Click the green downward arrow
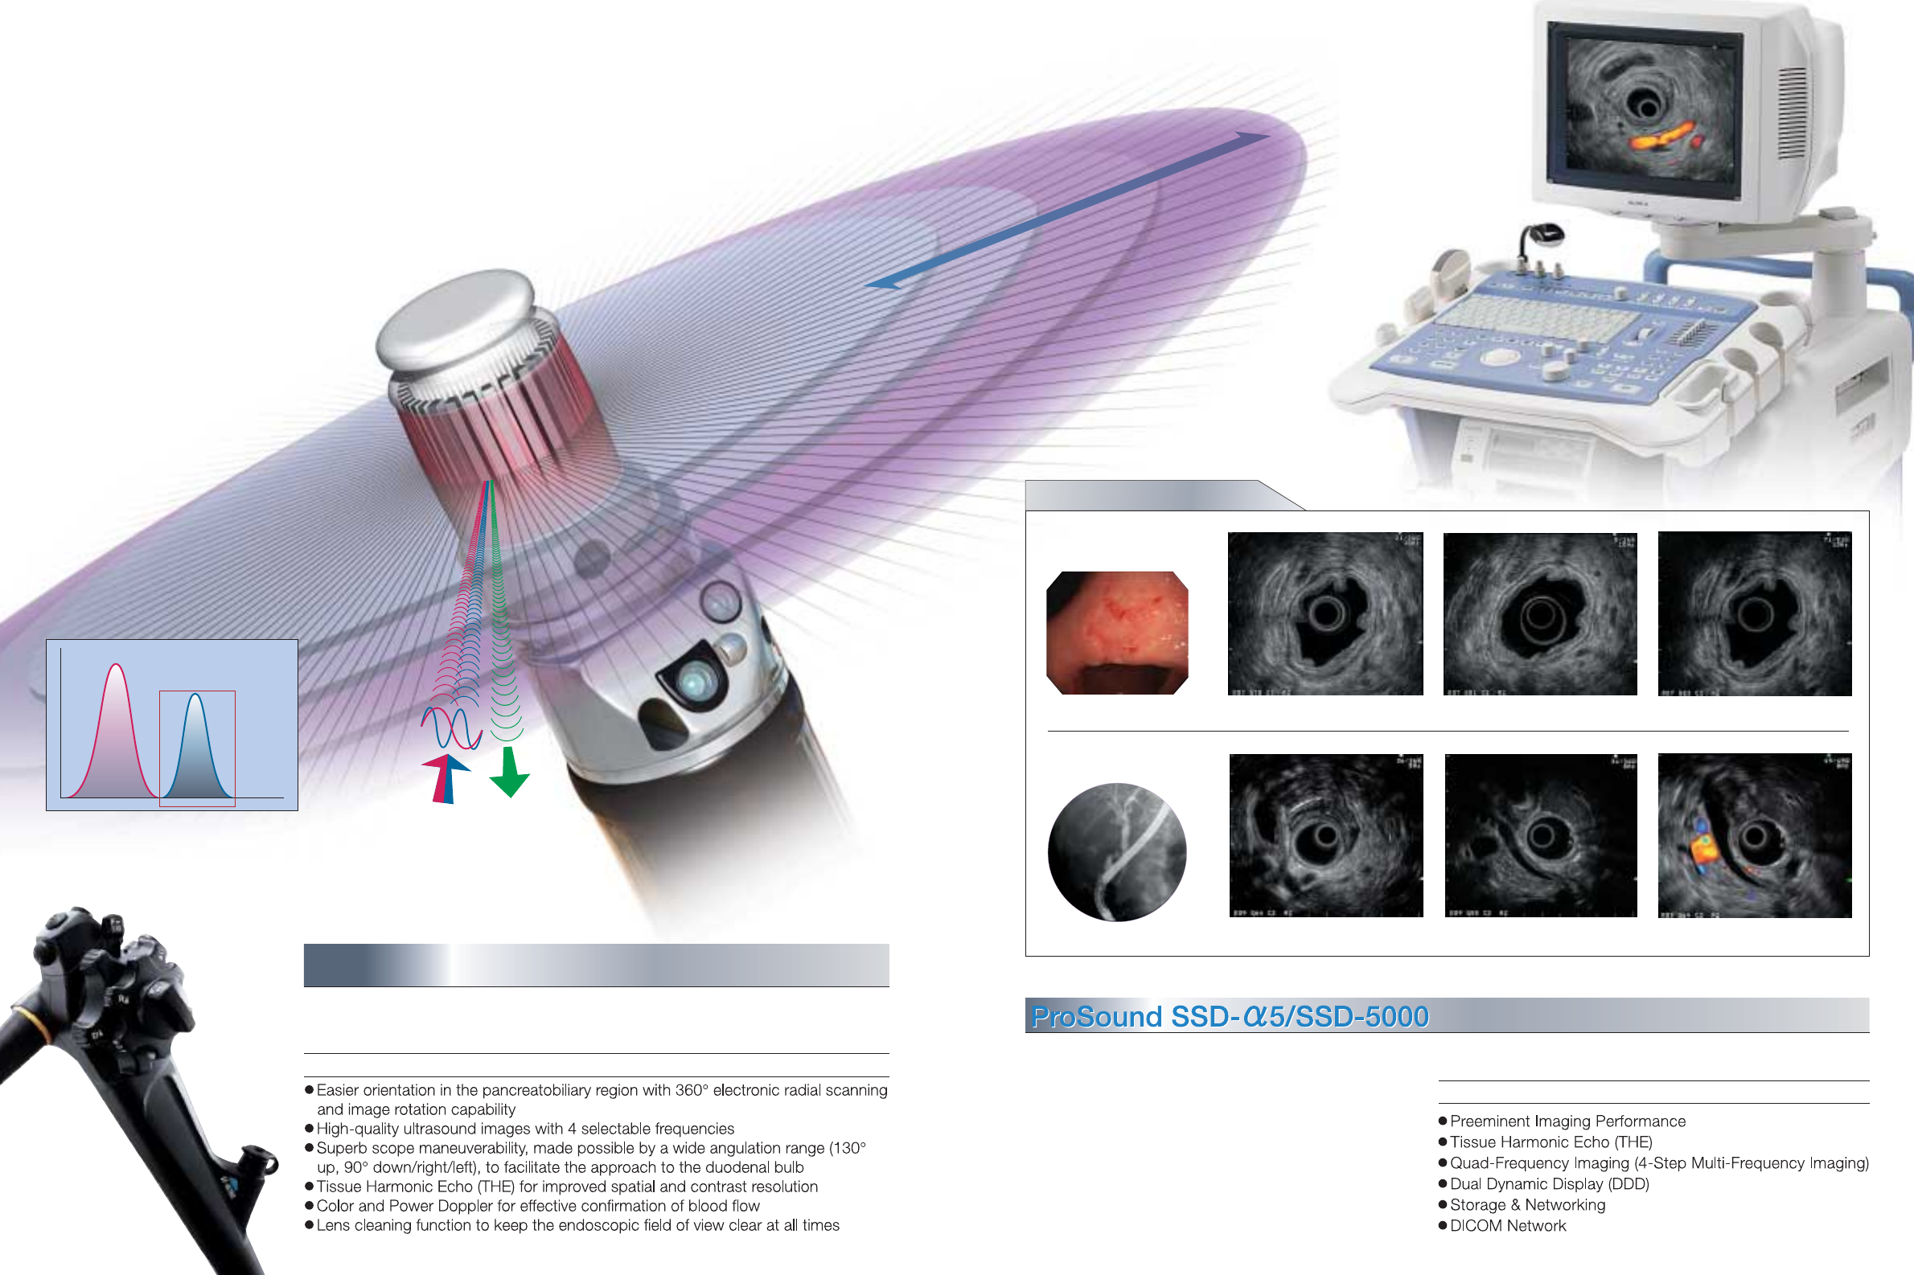[509, 773]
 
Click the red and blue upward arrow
[445, 778]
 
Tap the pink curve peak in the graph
[117, 666]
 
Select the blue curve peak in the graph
[195, 695]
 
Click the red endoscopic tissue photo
[1117, 633]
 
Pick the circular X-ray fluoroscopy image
[1117, 851]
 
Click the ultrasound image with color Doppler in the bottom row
[1755, 836]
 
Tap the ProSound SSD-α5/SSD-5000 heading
[1229, 1016]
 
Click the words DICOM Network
[1507, 1225]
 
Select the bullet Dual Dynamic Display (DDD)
[1549, 1184]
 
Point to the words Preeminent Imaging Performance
[1567, 1121]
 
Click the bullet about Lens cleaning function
[577, 1225]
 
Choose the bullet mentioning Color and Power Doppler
[538, 1206]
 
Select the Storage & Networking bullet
[1527, 1205]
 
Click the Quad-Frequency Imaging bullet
[1658, 1162]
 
